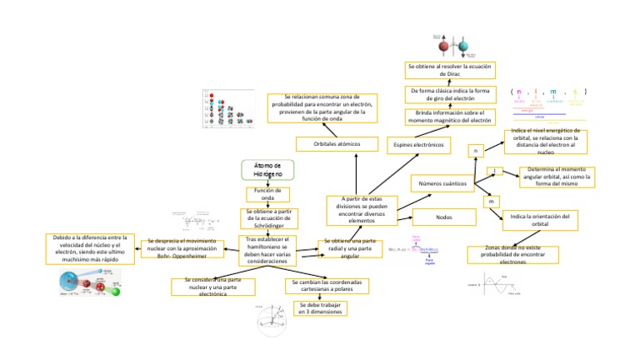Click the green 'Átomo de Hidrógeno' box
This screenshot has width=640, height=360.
pyautogui.click(x=267, y=169)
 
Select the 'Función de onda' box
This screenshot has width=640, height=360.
pyautogui.click(x=267, y=194)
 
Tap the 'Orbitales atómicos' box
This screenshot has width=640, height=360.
pyautogui.click(x=337, y=144)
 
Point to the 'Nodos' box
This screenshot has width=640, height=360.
pyautogui.click(x=443, y=217)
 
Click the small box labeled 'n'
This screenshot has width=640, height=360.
pyautogui.click(x=475, y=151)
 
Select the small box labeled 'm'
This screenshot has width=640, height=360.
pyautogui.click(x=491, y=202)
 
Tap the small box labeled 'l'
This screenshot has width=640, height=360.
pyautogui.click(x=493, y=171)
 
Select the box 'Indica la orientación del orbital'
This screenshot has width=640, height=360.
pyautogui.click(x=539, y=219)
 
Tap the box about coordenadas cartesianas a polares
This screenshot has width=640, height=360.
pyautogui.click(x=327, y=286)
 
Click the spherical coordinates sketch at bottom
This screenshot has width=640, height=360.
pyautogui.click(x=270, y=321)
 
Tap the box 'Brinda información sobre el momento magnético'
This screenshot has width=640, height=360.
pyautogui.click(x=450, y=117)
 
